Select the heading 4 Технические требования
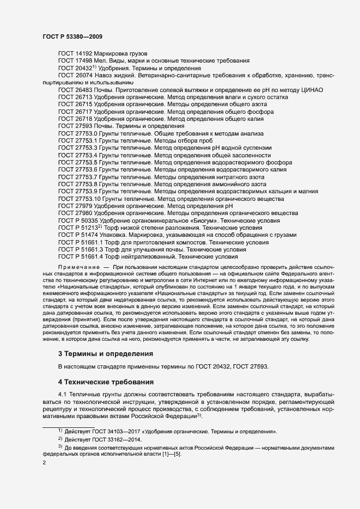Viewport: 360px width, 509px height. pos(106,381)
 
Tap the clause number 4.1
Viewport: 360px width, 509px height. pos(63,393)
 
